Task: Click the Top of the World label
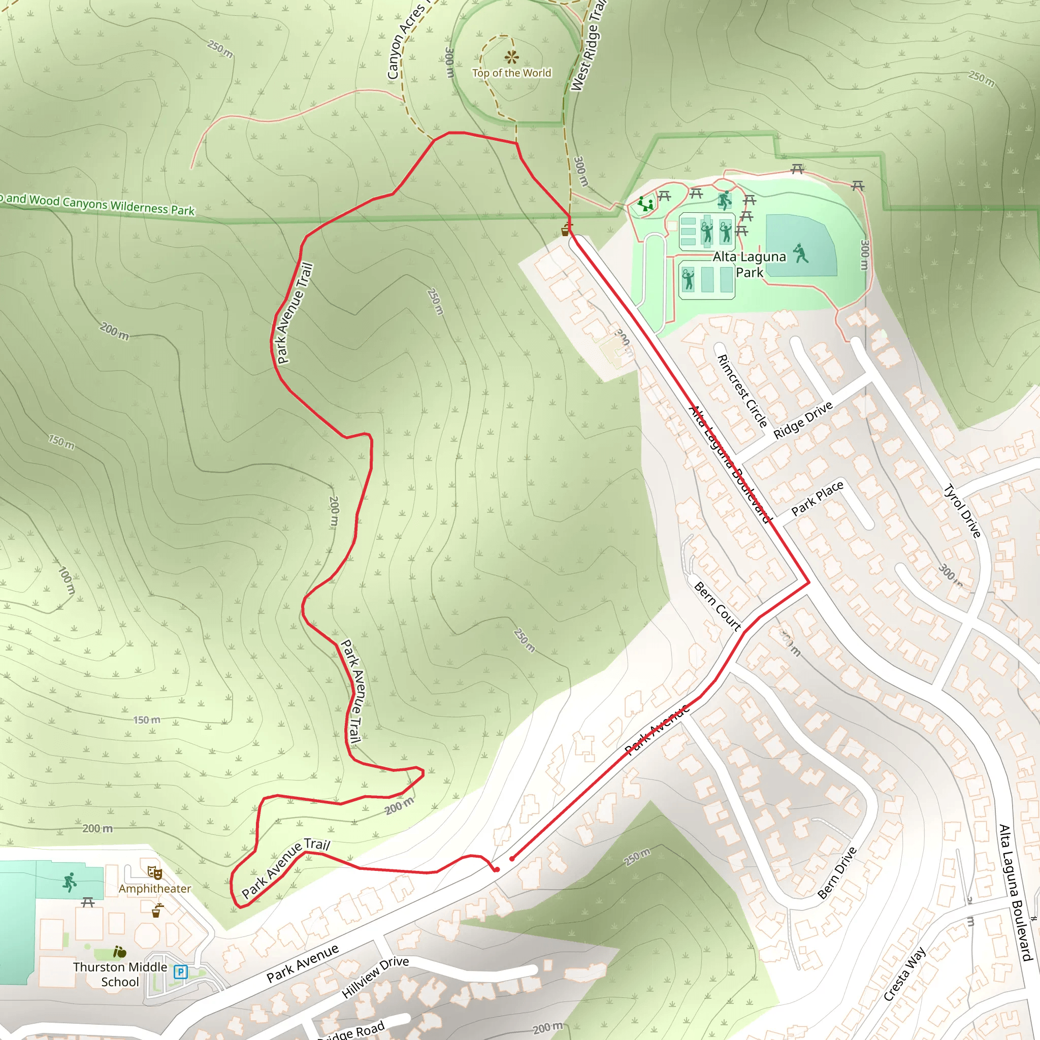pos(511,73)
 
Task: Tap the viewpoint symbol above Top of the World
pos(511,56)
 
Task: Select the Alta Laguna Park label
pos(750,264)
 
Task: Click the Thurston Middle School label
pos(120,974)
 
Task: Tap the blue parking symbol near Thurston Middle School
pos(181,971)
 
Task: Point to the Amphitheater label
pos(154,889)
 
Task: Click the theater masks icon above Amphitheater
pos(154,872)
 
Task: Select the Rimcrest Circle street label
pos(742,391)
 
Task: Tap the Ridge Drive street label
pos(803,420)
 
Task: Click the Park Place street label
pos(817,498)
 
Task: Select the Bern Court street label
pos(717,606)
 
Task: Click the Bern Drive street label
pos(837,872)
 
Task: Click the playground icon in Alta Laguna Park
pos(645,204)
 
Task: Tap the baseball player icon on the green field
pos(801,253)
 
